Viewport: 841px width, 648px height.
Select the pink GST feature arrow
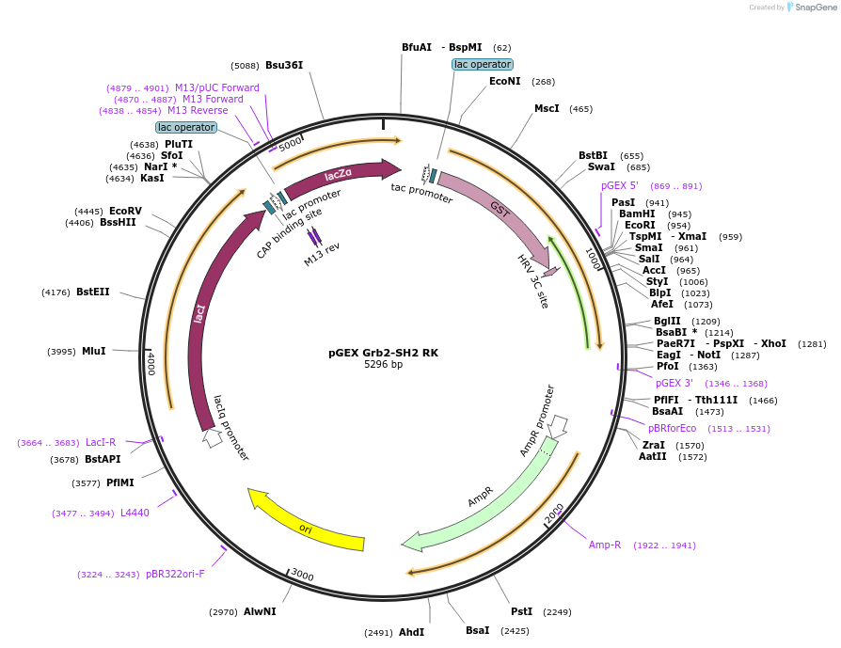point(499,212)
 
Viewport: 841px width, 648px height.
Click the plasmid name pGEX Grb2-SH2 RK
point(383,353)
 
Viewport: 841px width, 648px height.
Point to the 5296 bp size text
point(383,364)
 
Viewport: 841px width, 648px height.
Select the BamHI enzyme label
point(636,214)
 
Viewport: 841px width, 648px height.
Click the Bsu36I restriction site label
point(284,65)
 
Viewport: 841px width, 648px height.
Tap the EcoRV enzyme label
point(125,211)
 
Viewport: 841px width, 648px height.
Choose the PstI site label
point(521,611)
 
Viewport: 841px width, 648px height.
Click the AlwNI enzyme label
point(260,611)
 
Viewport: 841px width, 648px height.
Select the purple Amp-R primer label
point(605,545)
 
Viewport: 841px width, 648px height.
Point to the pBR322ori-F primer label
point(175,574)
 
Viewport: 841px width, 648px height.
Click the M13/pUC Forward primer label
point(217,87)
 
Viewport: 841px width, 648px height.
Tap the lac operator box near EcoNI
point(483,64)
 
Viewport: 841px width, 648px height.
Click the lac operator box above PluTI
point(186,127)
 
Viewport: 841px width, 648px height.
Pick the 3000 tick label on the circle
point(302,574)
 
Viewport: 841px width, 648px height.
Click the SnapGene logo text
point(816,8)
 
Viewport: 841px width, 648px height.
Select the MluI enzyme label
point(94,351)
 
